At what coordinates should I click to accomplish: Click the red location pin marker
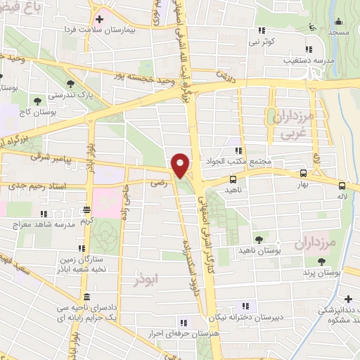click(x=180, y=165)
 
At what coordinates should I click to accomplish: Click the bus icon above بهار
click(x=303, y=173)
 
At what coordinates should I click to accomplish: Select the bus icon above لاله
click(x=342, y=186)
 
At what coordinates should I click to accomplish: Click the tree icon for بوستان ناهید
click(x=259, y=239)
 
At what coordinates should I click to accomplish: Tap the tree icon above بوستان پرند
click(x=321, y=261)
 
